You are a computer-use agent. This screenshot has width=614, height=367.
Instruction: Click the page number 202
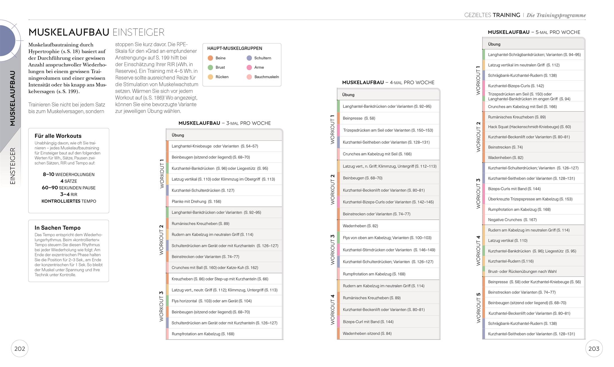pyautogui.click(x=20, y=349)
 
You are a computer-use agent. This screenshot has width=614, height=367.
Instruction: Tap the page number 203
pyautogui.click(x=594, y=349)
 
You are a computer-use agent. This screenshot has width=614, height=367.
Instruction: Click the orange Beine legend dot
pyautogui.click(x=210, y=58)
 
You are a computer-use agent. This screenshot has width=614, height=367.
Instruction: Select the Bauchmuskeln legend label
pyautogui.click(x=266, y=77)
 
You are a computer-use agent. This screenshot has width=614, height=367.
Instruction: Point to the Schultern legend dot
pyautogui.click(x=249, y=58)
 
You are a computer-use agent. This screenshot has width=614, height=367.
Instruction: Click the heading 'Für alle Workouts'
pyautogui.click(x=58, y=136)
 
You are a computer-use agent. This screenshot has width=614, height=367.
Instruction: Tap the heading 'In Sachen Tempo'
pyautogui.click(x=57, y=228)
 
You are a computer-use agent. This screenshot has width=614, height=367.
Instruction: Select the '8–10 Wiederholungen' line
pyautogui.click(x=69, y=174)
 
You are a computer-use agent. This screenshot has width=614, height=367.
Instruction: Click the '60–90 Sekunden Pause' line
pyautogui.click(x=69, y=188)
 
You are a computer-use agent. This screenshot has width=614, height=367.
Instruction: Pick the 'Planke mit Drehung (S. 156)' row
pyautogui.click(x=196, y=201)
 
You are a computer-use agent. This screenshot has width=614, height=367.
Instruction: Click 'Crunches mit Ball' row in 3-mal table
pyautogui.click(x=215, y=268)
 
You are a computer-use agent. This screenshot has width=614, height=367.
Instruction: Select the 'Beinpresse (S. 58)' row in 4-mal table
pyautogui.click(x=359, y=118)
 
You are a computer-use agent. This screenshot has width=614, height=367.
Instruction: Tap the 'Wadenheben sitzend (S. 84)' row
pyautogui.click(x=367, y=333)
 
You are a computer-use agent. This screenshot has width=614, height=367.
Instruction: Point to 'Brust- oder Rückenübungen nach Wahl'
pyautogui.click(x=522, y=272)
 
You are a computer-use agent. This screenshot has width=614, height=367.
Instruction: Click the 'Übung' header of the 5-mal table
pyautogui.click(x=494, y=44)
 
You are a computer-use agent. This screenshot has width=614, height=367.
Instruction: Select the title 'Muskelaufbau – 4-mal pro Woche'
pyautogui.click(x=388, y=83)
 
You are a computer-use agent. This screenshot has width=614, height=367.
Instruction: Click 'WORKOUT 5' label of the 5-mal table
pyautogui.click(x=478, y=308)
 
